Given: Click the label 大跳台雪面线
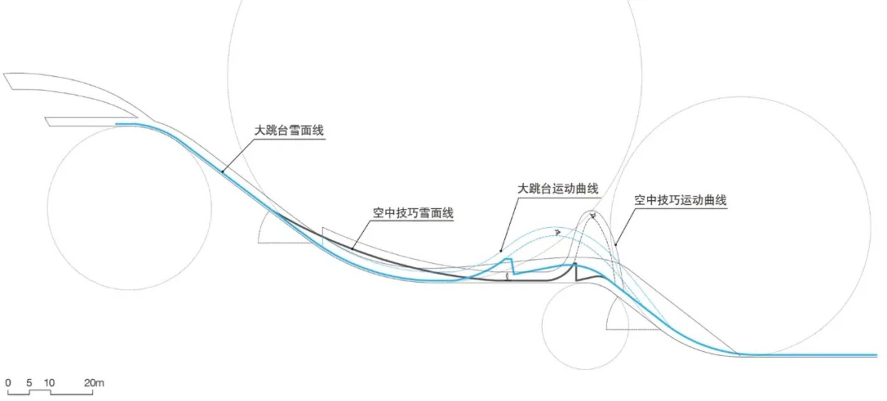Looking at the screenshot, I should [x=289, y=130].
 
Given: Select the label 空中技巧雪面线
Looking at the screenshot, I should [x=413, y=213].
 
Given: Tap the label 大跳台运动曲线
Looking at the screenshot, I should [x=558, y=189].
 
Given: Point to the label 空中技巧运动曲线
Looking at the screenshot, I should [x=680, y=200].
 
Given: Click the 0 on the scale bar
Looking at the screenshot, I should [x=8, y=383].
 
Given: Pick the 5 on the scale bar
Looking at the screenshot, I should [x=29, y=383].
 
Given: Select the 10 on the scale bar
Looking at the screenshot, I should [x=49, y=383].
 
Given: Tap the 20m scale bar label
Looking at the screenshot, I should [x=94, y=383].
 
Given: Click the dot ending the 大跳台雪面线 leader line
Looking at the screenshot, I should [x=223, y=171].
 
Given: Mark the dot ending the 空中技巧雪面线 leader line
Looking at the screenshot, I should [x=353, y=249].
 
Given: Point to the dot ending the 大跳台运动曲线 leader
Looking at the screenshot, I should [x=501, y=251].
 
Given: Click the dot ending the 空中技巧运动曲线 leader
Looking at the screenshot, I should [x=616, y=245].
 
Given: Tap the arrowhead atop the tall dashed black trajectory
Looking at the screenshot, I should [x=593, y=215].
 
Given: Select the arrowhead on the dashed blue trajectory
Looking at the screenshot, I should [x=557, y=232].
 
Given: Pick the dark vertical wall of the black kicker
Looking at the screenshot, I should [x=576, y=272].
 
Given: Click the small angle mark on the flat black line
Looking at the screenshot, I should [x=508, y=277].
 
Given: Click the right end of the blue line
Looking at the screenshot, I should [x=876, y=355].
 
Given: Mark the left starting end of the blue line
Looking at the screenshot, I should [x=116, y=124].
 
